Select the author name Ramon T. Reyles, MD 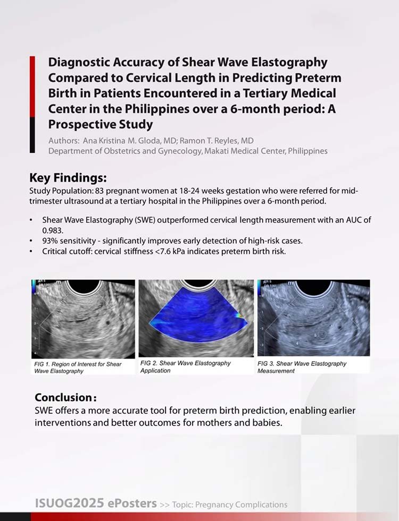pos(217,141)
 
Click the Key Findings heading pos(68,178)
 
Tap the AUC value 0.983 pos(53,230)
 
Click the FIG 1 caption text pos(78,368)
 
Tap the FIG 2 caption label pos(185,367)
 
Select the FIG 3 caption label pos(302,367)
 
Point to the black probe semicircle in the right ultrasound pos(313,288)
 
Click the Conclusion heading pos(66,397)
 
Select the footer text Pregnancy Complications pos(242,505)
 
